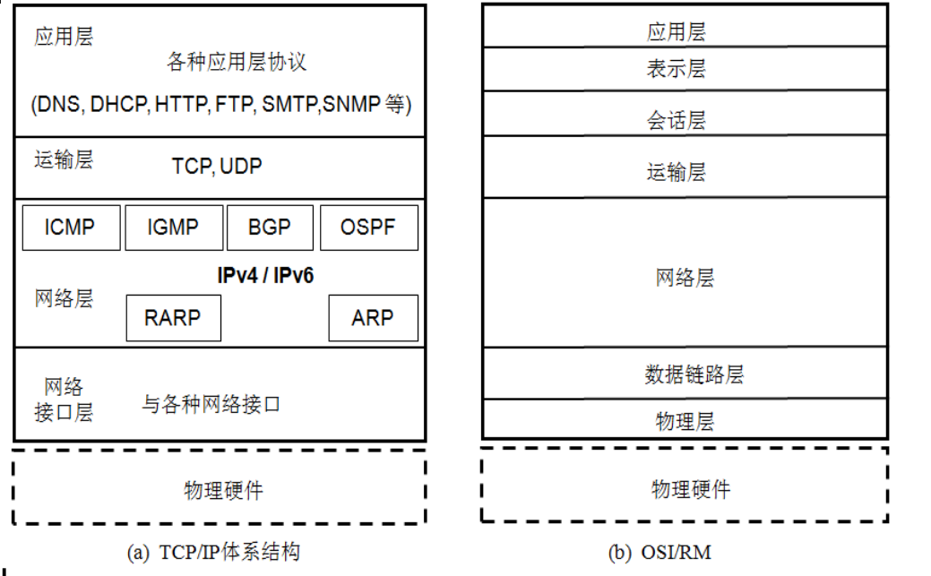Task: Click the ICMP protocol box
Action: [x=70, y=228]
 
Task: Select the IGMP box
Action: [x=173, y=228]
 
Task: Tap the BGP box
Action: [x=270, y=228]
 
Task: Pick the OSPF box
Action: [x=368, y=228]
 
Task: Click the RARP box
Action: [x=173, y=317]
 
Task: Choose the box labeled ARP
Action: [x=373, y=317]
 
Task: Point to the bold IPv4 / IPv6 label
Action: [x=265, y=276]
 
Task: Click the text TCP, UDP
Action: [x=217, y=167]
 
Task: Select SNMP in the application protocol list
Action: [x=352, y=105]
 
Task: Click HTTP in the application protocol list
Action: [x=181, y=105]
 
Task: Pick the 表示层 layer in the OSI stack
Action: [x=676, y=69]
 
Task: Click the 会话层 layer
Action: [x=676, y=120]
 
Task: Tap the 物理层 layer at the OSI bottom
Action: [x=685, y=421]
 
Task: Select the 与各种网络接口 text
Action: [x=211, y=405]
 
